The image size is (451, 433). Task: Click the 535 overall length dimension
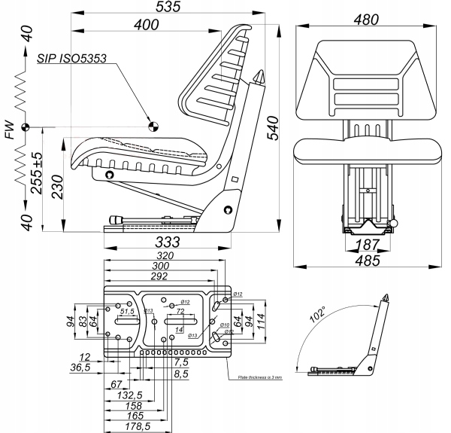(x=168, y=8)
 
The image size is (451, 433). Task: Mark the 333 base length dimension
(x=167, y=242)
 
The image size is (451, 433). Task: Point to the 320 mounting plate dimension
(x=167, y=257)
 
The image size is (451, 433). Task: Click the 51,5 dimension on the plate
(x=127, y=311)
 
